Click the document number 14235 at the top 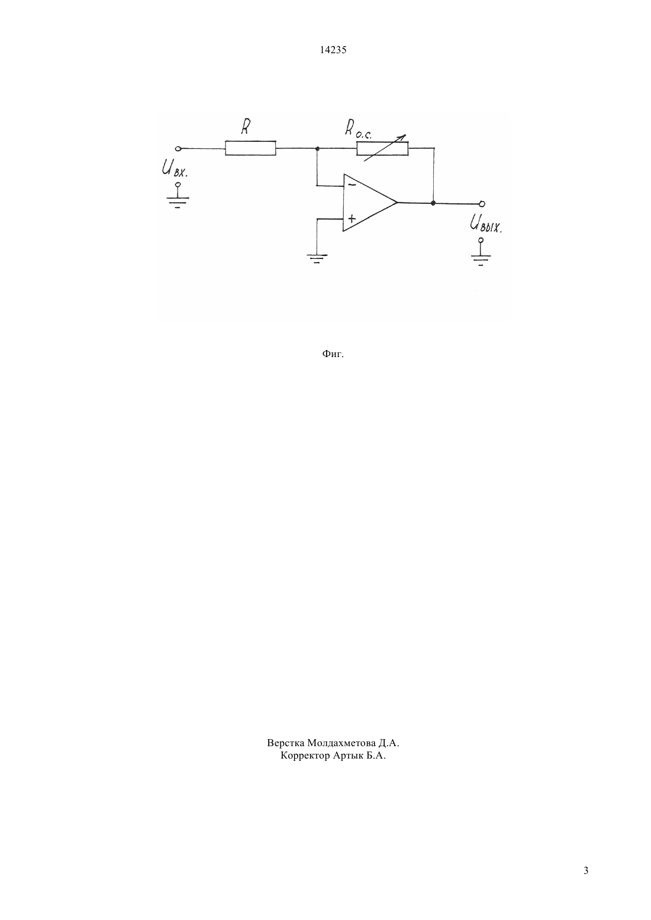(x=333, y=50)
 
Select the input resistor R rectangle (x=250, y=148)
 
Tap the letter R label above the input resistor (x=246, y=127)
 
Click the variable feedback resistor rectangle (x=382, y=148)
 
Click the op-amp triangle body (x=369, y=202)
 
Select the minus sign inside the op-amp (x=352, y=184)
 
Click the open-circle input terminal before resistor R (x=178, y=148)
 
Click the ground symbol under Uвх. (x=178, y=196)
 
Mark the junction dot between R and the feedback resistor (x=317, y=148)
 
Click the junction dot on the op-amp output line (x=433, y=202)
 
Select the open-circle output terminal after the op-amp (x=482, y=204)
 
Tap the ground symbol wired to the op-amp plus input (x=317, y=258)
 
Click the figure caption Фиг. (x=333, y=354)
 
